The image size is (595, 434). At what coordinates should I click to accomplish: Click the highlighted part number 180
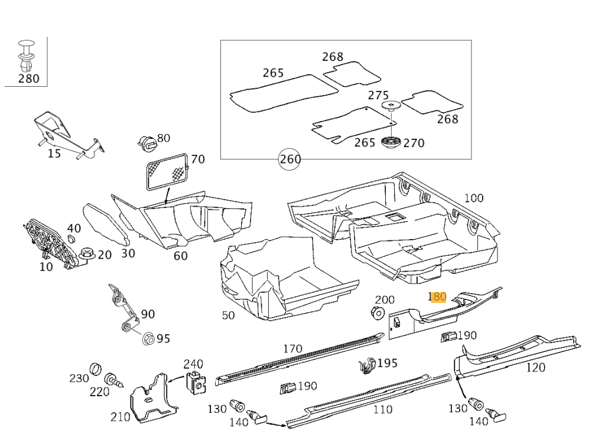437,296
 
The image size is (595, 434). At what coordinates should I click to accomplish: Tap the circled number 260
290,159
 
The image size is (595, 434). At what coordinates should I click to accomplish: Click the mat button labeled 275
391,107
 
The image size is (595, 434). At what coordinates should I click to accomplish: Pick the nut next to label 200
377,312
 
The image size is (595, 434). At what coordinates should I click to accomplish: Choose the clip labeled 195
367,367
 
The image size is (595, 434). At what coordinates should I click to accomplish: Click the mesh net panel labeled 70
167,170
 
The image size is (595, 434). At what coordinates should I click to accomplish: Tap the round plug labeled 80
147,142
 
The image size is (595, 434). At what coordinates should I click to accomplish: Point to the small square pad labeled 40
71,239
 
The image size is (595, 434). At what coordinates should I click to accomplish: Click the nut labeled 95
148,338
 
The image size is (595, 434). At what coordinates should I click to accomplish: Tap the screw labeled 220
113,379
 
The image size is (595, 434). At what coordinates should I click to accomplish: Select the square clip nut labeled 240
194,383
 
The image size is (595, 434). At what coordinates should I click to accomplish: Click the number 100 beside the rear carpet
473,198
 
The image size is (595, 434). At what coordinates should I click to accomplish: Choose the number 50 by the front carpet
228,315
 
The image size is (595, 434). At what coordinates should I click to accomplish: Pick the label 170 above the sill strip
292,348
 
